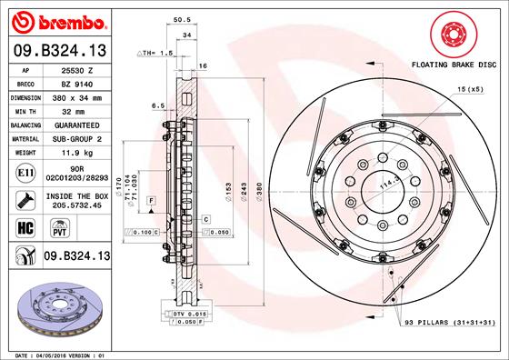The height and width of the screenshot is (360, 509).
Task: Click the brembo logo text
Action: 72,23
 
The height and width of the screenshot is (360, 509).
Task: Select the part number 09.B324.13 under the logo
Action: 60,51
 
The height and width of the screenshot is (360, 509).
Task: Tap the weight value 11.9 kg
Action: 77,153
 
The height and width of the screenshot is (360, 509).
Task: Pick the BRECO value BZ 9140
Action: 77,85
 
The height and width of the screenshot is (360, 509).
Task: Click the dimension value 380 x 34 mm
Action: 77,98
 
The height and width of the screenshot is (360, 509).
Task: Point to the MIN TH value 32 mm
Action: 74,112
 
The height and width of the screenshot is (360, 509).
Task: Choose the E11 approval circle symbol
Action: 25,173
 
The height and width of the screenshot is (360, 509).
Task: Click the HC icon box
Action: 25,228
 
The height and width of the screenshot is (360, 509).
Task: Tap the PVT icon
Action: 60,228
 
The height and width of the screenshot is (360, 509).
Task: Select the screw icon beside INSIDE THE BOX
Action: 25,200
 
